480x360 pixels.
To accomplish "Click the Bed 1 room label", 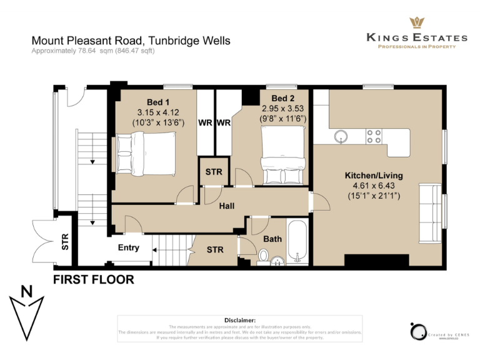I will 158,102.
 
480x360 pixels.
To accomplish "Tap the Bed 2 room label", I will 283,98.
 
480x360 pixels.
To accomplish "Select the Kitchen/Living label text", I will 374,176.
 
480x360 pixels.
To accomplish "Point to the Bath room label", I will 272,239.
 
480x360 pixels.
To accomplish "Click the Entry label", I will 129,248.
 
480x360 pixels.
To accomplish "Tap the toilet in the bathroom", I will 264,255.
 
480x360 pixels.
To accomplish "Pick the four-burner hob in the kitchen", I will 374,136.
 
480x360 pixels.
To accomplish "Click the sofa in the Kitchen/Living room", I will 431,212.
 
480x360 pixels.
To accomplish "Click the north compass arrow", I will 26,312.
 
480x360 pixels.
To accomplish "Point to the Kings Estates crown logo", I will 417,22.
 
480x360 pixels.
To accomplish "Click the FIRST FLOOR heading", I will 93,279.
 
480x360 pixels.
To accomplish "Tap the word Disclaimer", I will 239,320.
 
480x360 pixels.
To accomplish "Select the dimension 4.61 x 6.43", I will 374,186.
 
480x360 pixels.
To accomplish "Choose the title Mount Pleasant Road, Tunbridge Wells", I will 131,41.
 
